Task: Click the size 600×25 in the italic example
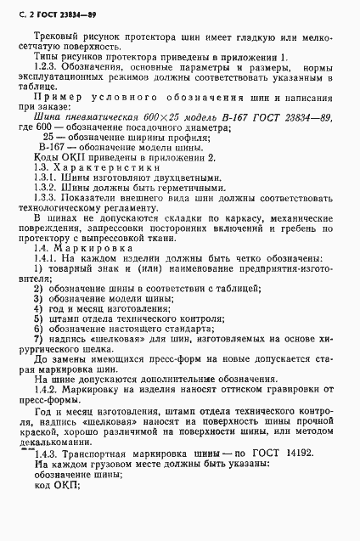click(145, 140)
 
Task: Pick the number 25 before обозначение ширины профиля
click(74, 159)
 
